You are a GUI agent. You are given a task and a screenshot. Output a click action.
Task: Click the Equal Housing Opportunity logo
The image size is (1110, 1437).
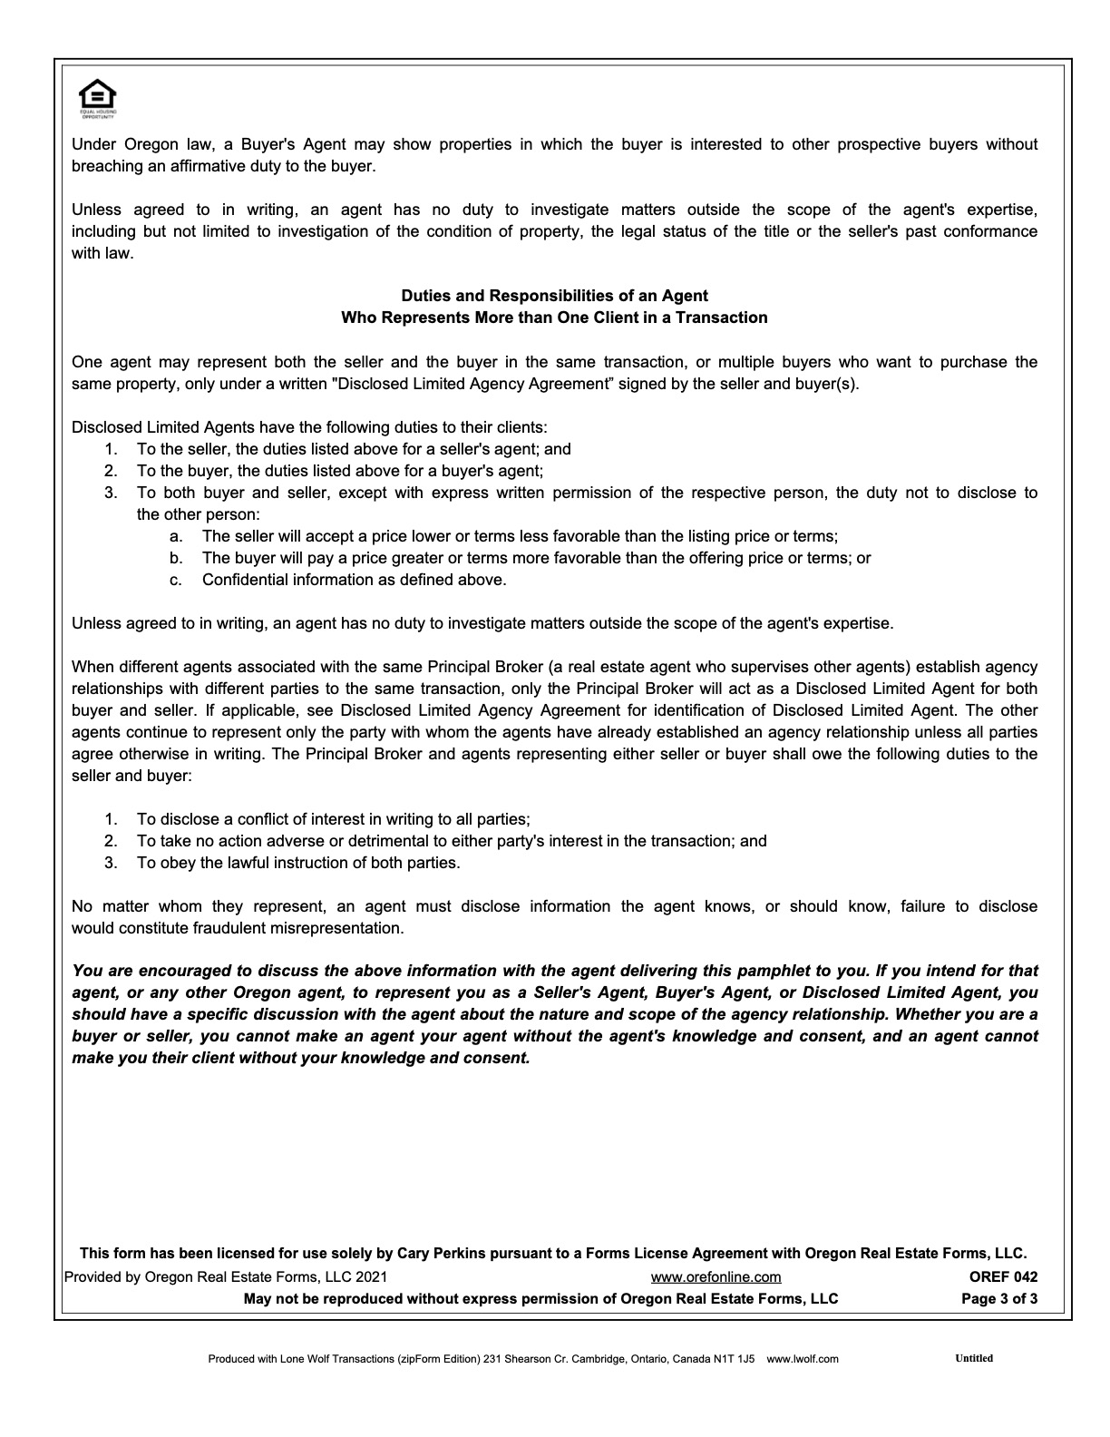tap(97, 98)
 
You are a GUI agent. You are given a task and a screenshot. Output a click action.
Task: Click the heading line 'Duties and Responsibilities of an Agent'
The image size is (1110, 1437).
tap(554, 296)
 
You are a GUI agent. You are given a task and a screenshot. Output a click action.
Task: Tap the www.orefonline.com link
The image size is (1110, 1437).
tap(716, 1276)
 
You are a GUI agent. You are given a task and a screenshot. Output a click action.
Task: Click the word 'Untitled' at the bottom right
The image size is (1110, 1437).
tap(974, 1358)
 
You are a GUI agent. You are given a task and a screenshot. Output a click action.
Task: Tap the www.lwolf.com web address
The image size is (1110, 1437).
tap(803, 1359)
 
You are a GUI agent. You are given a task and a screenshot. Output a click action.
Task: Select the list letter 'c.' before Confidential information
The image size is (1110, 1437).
tap(176, 580)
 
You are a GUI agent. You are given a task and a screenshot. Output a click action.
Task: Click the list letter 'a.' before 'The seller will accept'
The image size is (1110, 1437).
tap(176, 536)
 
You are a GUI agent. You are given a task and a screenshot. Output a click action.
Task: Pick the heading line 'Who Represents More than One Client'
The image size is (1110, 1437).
tap(554, 318)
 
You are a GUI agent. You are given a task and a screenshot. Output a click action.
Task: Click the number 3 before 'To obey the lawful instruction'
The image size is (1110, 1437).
tap(111, 863)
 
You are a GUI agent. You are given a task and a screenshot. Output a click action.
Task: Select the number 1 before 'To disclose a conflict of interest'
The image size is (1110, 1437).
tap(111, 819)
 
